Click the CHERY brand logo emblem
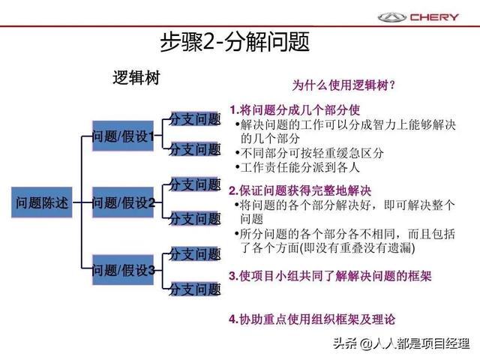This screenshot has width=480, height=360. pos(391,17)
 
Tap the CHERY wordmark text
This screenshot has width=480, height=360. pos(434,17)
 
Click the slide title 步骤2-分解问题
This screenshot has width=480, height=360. pos(235,42)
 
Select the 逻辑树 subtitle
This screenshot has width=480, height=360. pos(136,77)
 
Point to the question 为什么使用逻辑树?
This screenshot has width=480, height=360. pos(343,85)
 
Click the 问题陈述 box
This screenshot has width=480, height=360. pos(42,202)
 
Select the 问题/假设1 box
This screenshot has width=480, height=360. pos(123,136)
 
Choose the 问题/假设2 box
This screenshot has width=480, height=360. pos(123,202)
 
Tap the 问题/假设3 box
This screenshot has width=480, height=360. pos(123,270)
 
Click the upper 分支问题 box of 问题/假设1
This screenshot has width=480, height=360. pos(195,118)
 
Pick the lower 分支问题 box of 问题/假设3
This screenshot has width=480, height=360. pos(195,289)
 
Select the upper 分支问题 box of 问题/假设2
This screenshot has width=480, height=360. pos(195,184)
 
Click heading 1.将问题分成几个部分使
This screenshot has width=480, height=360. pos(295,109)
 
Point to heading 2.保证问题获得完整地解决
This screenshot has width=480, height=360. pos(300,190)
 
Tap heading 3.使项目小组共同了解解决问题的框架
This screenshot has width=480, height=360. pos(330,276)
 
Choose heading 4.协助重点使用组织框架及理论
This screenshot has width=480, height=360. pos(312,319)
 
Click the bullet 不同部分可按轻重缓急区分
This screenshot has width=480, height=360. pos(310,153)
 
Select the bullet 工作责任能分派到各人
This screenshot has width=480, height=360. pos(297,167)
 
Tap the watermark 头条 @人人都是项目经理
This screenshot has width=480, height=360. pos(401,343)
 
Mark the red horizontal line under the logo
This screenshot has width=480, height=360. pos(240,26)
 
